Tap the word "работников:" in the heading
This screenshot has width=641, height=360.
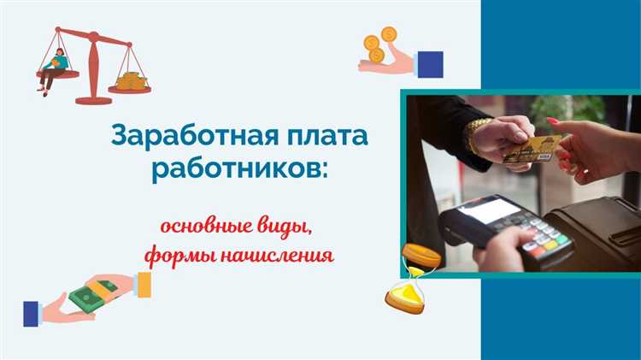tap(238, 167)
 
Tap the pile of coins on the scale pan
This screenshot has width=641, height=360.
tap(130, 82)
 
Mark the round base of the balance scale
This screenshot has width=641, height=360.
tap(94, 100)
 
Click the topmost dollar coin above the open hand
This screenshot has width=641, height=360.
tap(389, 34)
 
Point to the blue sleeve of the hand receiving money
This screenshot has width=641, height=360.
tap(32, 313)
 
